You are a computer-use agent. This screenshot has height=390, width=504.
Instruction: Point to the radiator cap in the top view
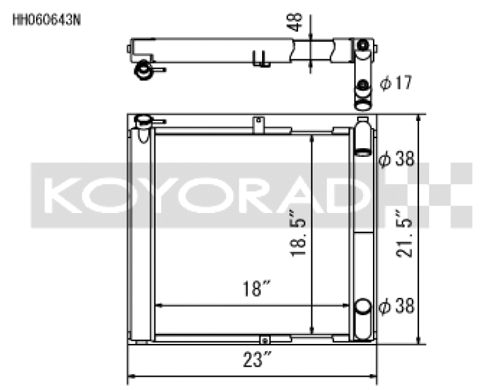(x=144, y=70)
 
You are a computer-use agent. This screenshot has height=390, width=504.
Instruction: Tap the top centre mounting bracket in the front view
(x=257, y=124)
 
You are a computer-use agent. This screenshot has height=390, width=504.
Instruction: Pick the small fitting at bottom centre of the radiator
(x=265, y=340)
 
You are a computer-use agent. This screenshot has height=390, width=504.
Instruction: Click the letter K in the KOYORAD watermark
(x=60, y=195)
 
